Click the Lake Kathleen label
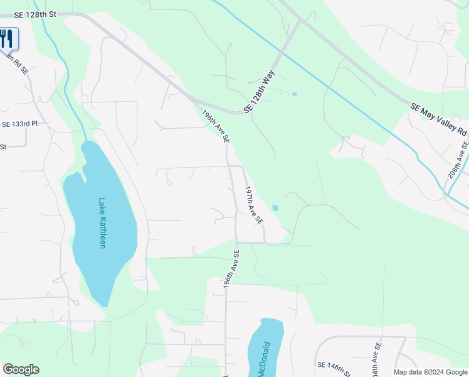(102, 223)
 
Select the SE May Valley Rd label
(440, 120)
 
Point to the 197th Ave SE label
(253, 205)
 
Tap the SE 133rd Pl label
(19, 124)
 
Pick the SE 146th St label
(339, 364)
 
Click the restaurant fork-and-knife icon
(6, 39)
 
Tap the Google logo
(21, 369)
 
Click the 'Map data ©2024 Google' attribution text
(430, 372)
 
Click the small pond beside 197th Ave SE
(275, 208)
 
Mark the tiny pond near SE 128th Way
(294, 95)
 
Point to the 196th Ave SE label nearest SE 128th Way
(215, 126)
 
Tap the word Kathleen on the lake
(102, 231)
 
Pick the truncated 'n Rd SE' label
(18, 63)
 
